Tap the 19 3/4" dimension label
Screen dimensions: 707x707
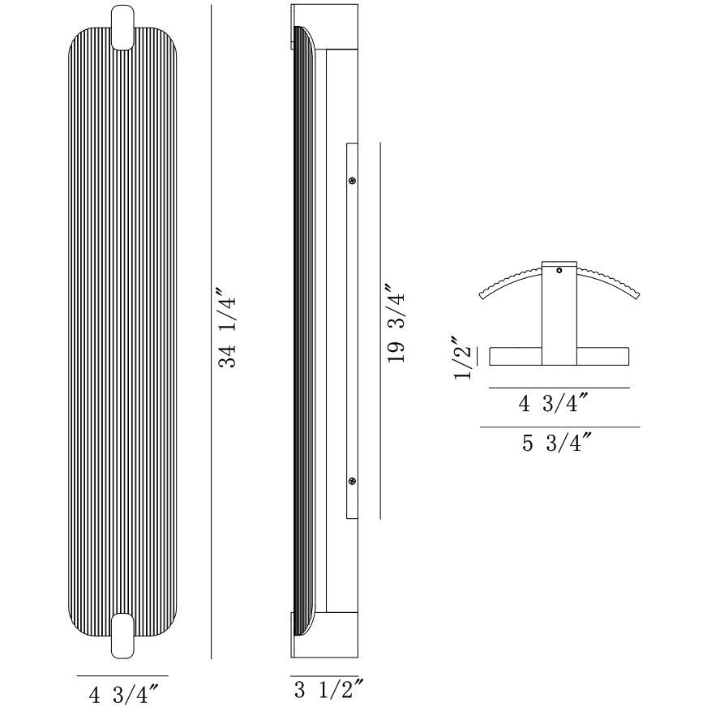coord(396,324)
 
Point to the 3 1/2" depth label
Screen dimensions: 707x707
coord(324,691)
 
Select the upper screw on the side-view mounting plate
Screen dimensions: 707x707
coord(352,181)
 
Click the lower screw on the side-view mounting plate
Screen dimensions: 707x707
coord(352,482)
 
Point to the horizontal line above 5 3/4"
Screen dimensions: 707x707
coord(559,426)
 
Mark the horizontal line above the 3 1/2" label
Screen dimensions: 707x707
coord(324,675)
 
